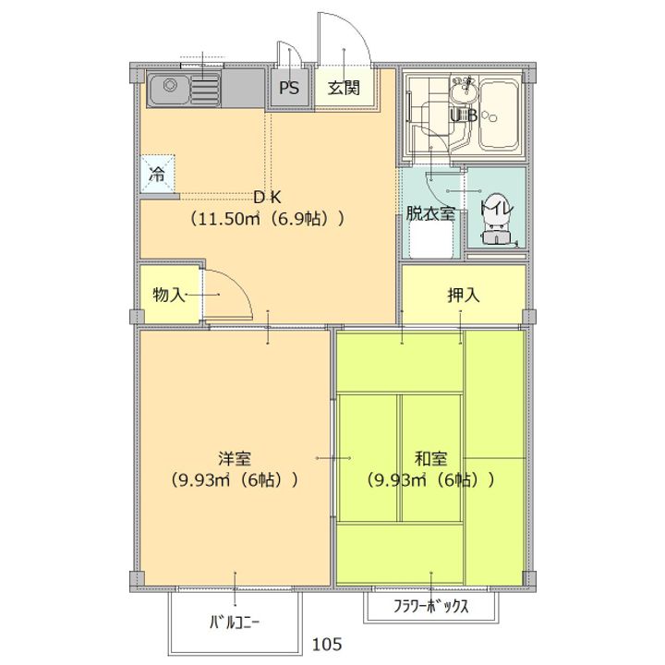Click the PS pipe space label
(289, 90)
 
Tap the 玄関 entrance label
(343, 90)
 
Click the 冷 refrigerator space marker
(157, 173)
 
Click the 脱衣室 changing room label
(430, 213)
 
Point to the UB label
(463, 115)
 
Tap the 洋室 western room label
(236, 458)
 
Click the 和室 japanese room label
(430, 458)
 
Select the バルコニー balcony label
(235, 621)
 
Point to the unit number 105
(327, 643)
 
